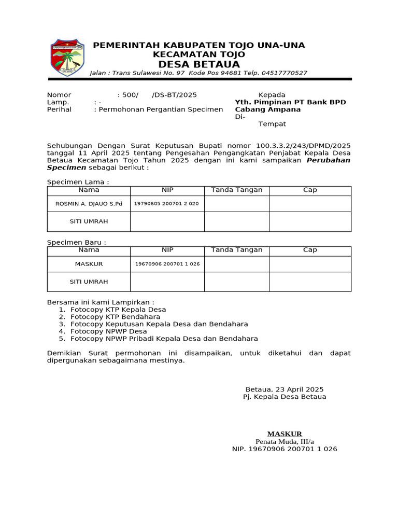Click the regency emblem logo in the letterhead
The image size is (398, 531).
click(66, 58)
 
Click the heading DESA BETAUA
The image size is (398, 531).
click(199, 64)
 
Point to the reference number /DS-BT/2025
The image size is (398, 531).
click(174, 95)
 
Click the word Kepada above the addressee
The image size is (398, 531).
click(272, 95)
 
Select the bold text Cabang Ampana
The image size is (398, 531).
click(267, 109)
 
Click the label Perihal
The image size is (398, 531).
click(59, 109)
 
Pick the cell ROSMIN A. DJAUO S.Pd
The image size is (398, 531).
click(89, 204)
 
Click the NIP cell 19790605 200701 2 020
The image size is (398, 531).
click(166, 204)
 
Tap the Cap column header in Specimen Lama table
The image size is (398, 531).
click(310, 190)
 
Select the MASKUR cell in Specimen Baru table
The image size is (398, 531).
click(89, 264)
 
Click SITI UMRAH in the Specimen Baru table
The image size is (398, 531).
click(89, 282)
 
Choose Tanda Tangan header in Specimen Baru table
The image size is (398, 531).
click(236, 250)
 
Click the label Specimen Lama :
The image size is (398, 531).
click(78, 182)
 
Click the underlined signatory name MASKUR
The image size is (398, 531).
click(285, 434)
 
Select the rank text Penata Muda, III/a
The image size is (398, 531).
click(285, 441)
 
